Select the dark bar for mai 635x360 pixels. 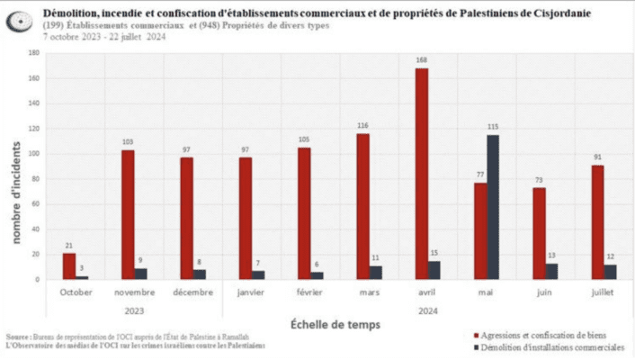pos(493,207)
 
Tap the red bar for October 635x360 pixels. pos(69,265)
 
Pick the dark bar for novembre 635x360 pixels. pos(140,274)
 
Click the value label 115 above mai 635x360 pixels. pos(493,128)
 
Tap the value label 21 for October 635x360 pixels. pos(69,246)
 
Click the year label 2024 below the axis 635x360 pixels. pos(422,310)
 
